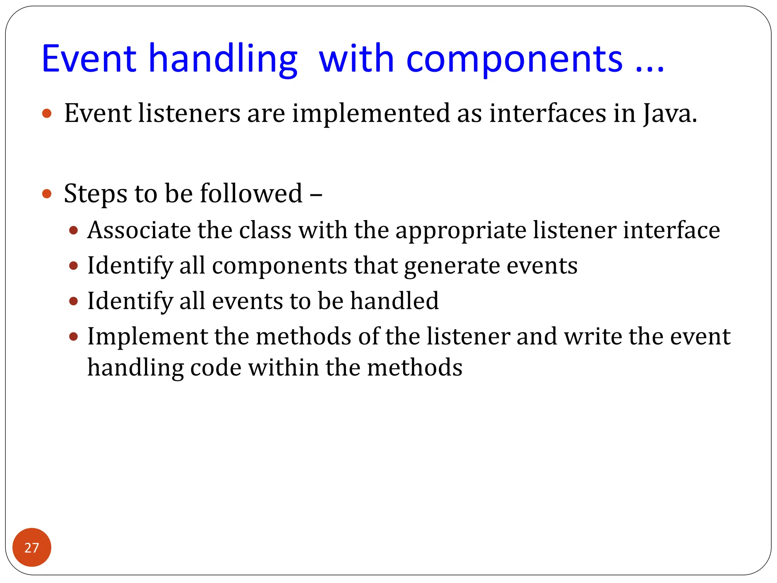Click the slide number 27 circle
tap(31, 547)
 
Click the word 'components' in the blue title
tap(514, 60)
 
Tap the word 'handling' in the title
tap(223, 60)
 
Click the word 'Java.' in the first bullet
tap(670, 114)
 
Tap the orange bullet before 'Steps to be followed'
tap(47, 194)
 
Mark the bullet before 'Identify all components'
tap(74, 266)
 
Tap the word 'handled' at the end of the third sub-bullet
tap(394, 301)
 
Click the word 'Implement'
tap(147, 337)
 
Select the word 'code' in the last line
tap(215, 368)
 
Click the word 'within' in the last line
tap(283, 368)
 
